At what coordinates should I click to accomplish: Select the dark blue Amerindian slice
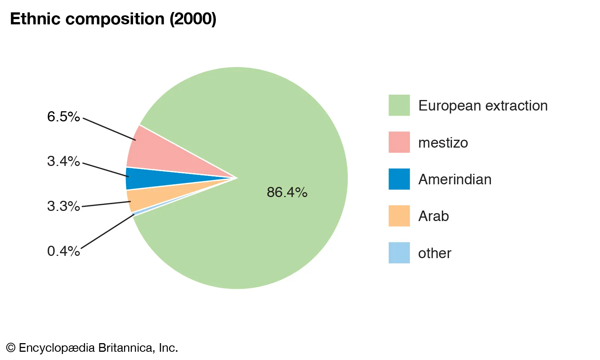coord(156,179)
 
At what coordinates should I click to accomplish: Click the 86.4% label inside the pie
coord(287,192)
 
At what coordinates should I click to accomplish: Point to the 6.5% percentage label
coord(63,117)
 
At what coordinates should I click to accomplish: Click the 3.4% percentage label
coord(63,161)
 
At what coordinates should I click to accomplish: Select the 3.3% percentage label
coord(63,206)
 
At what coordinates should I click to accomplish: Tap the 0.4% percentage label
coord(63,251)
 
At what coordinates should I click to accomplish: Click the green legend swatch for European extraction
coord(399,105)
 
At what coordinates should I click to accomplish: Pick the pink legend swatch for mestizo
coord(399,142)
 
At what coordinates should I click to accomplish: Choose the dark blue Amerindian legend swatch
coord(399,179)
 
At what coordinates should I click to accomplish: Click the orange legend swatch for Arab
coord(399,216)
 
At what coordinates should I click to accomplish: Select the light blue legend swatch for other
coord(399,253)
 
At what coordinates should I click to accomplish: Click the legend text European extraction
coord(483,106)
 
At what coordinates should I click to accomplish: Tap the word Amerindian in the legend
coord(455,179)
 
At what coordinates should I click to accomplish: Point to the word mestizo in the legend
coord(443,143)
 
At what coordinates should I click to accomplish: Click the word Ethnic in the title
coord(35,19)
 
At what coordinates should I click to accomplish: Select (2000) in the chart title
coord(193,19)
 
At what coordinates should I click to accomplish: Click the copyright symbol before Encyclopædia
coord(11,348)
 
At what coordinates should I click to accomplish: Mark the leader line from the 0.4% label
coord(108,231)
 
